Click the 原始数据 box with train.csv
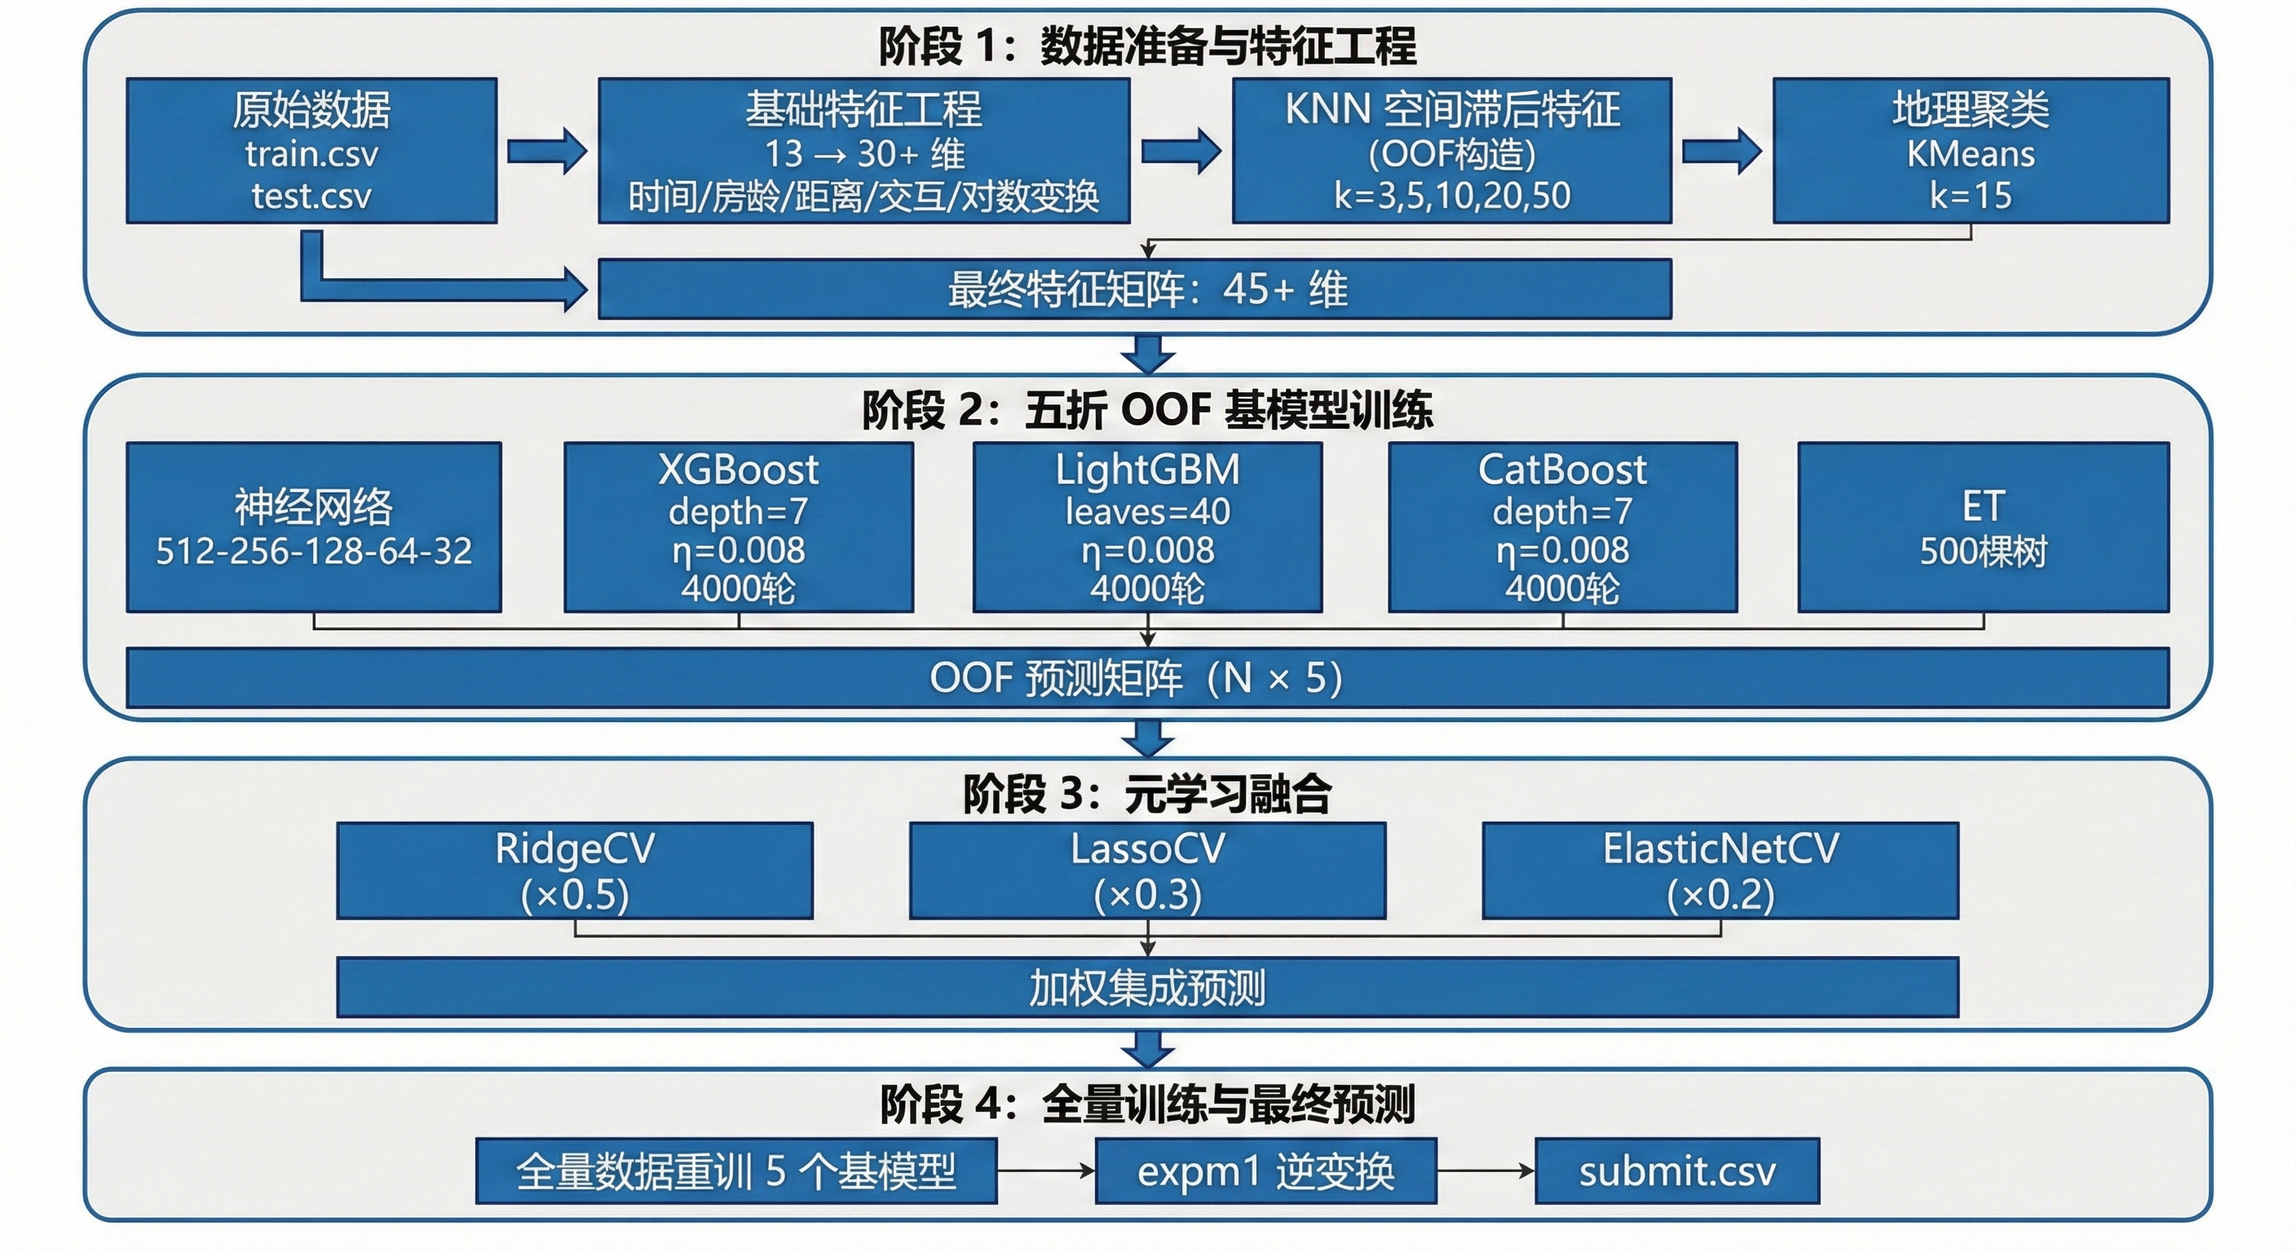click(311, 151)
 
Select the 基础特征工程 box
click(863, 151)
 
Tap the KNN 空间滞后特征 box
click(1451, 151)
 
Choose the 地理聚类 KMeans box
click(1970, 151)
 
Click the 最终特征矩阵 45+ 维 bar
click(1134, 289)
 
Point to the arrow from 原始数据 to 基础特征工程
click(546, 151)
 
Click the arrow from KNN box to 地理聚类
click(1721, 151)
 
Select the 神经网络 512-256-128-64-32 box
click(313, 527)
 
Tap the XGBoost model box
click(738, 527)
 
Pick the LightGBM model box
click(1147, 527)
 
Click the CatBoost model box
click(1561, 527)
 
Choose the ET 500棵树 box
click(1982, 527)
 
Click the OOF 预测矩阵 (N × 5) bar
click(1147, 678)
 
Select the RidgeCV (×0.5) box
click(574, 871)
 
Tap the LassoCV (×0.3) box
click(1147, 871)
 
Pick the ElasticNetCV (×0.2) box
click(1720, 871)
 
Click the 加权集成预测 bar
click(1147, 987)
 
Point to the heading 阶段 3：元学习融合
click(1147, 793)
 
